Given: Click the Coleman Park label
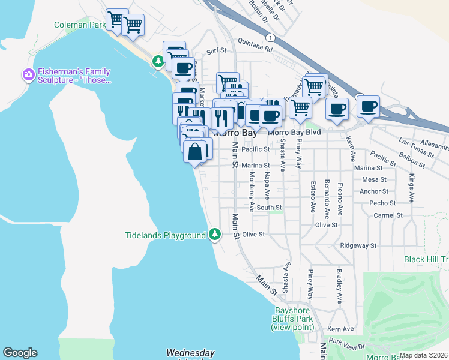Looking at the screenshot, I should (x=80, y=25).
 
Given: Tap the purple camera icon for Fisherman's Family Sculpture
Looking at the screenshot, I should (x=28, y=75).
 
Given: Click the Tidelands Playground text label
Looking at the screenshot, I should (x=165, y=235).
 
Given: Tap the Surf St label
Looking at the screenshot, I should (x=216, y=52).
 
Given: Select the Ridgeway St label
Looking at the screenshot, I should (x=358, y=245).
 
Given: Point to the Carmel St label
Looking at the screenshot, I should (x=388, y=215).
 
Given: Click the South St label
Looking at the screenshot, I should (x=265, y=208).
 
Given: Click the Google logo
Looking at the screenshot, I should (x=20, y=353).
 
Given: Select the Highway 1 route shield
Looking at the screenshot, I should (x=272, y=37).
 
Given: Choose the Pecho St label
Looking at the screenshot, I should (x=382, y=203).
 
